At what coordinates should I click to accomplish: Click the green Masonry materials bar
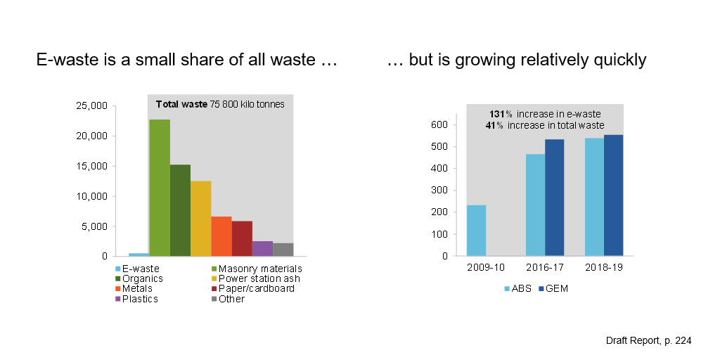tap(159, 188)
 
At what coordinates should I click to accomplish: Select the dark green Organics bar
tap(180, 210)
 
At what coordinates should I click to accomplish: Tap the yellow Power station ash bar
tap(200, 219)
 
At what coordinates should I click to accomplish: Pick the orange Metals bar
tap(221, 236)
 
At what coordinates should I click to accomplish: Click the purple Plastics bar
tap(262, 249)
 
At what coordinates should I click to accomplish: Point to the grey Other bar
tap(283, 250)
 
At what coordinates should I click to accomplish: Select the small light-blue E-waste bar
tap(139, 254)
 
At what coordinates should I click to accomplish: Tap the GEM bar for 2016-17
tap(554, 198)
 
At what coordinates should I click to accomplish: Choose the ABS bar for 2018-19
tap(594, 197)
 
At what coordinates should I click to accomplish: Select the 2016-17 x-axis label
tap(544, 268)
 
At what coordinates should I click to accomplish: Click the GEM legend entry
tap(553, 288)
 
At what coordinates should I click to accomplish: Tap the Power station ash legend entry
tap(256, 278)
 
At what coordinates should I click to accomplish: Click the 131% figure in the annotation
tap(500, 115)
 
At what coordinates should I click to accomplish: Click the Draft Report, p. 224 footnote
tap(648, 340)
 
